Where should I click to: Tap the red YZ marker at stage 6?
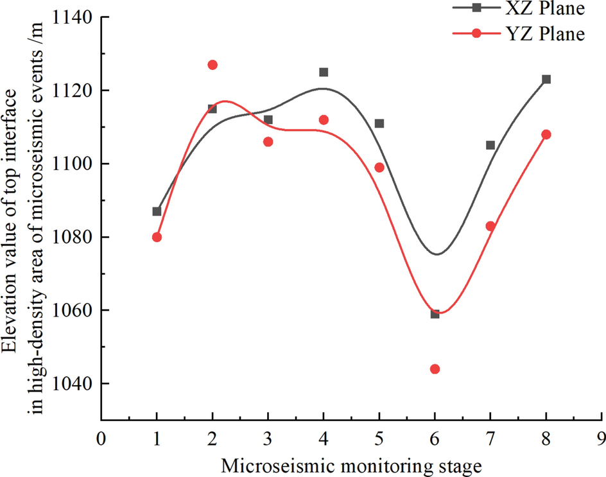[435, 369]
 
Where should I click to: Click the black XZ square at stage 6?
[435, 314]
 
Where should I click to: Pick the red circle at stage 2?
[212, 65]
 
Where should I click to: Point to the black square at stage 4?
[324, 72]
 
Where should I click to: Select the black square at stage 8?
[546, 80]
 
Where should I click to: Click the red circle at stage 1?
[157, 237]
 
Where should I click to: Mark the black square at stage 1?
[157, 211]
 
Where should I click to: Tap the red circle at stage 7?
[490, 226]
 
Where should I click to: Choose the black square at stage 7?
[490, 145]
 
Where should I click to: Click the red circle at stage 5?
[379, 168]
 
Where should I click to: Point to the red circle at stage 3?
[268, 142]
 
